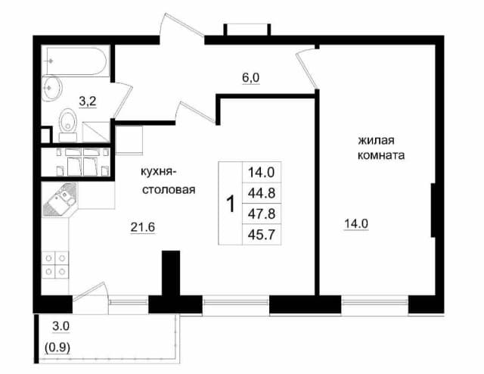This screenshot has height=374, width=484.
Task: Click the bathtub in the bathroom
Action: click(x=76, y=61)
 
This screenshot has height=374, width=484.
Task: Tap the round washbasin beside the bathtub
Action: click(x=52, y=89)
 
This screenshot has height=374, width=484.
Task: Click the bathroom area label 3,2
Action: click(x=88, y=101)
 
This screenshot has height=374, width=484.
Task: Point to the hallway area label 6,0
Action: click(x=250, y=77)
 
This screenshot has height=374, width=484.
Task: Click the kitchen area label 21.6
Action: click(x=142, y=227)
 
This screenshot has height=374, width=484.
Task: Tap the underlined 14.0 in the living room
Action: click(x=356, y=224)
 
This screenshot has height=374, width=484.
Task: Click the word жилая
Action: click(x=376, y=140)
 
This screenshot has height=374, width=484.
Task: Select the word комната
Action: click(x=381, y=155)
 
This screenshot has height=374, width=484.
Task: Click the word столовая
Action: click(x=169, y=189)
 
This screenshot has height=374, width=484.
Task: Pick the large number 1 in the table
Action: click(x=231, y=204)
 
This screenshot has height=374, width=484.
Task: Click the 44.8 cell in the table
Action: click(x=262, y=193)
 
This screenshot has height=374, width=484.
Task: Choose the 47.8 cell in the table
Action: click(x=262, y=213)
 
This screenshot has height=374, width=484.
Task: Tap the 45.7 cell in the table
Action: click(x=262, y=235)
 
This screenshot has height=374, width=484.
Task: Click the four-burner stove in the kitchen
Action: click(x=55, y=265)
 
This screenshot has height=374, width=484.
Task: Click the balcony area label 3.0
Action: click(x=60, y=326)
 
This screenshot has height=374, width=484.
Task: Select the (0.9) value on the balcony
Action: click(x=57, y=348)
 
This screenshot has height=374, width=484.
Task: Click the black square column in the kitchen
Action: click(x=171, y=273)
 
